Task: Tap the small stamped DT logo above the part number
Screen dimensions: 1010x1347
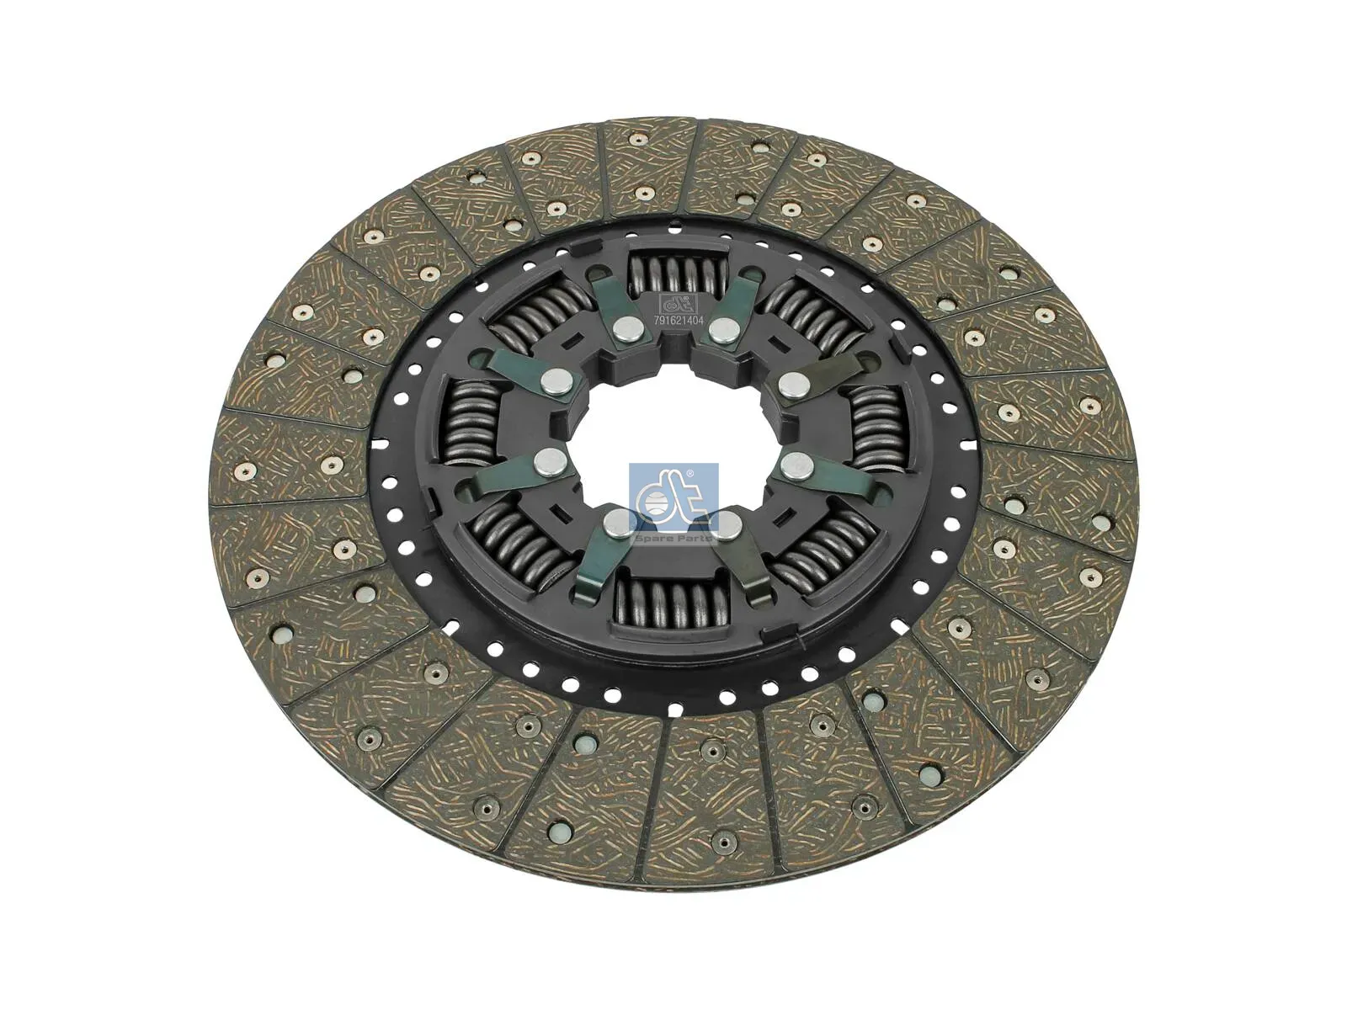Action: click(678, 304)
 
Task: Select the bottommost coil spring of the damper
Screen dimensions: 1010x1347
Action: click(665, 601)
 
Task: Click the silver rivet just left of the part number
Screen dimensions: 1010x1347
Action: click(626, 329)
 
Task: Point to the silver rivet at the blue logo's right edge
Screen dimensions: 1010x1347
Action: click(727, 526)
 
